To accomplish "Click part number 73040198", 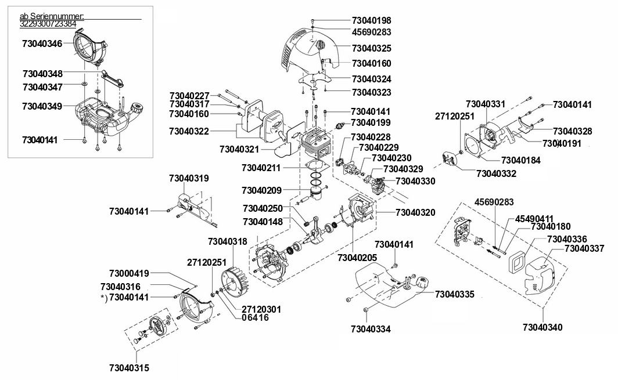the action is [371, 20].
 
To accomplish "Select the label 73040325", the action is [371, 48].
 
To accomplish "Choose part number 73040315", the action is [130, 368].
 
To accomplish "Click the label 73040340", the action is [542, 327].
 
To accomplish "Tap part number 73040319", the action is [189, 178].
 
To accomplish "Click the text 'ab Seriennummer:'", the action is [52, 16].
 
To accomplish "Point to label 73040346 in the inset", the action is [42, 44].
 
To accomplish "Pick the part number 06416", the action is [256, 317].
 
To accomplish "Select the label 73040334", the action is [371, 329].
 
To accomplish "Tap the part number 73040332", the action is [496, 173].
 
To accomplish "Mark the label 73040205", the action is [357, 258].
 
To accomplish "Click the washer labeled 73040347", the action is [84, 84].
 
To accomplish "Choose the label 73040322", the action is [189, 131].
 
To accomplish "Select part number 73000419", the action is [129, 273].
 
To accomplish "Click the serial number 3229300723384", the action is [48, 24].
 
